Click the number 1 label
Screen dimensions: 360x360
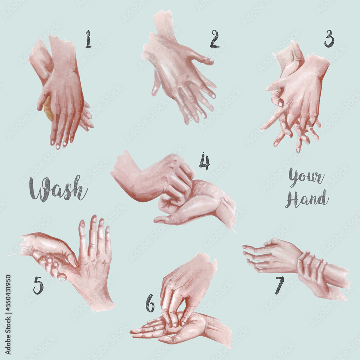(x=88, y=39)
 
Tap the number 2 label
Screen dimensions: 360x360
(x=215, y=39)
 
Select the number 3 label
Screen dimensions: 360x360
(x=329, y=39)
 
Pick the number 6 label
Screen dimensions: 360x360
(x=150, y=303)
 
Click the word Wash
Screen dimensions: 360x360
(x=58, y=189)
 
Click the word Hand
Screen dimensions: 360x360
(x=307, y=199)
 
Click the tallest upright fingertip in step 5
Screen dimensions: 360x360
(x=94, y=218)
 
